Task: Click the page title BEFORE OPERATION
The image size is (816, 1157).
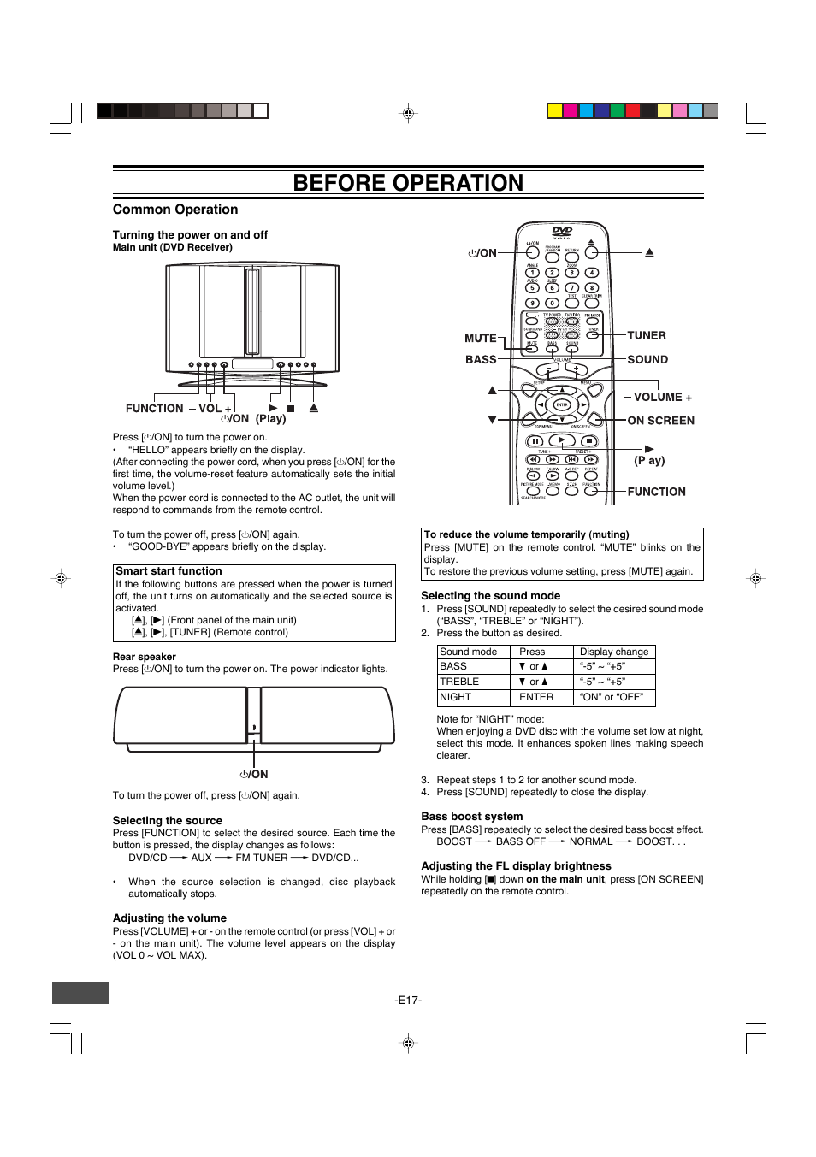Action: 408,183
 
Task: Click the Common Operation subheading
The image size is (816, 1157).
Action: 175,210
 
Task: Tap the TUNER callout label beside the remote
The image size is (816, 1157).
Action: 647,336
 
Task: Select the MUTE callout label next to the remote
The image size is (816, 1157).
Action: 480,339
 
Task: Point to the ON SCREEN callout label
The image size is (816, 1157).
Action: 660,421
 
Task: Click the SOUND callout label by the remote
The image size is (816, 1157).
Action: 647,360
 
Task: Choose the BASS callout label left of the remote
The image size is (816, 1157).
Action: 480,360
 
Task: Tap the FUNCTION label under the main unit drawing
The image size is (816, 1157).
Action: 154,409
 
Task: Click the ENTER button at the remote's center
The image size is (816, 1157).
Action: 562,404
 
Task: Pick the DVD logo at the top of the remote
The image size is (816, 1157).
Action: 562,232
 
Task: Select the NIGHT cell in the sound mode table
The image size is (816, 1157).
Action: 455,697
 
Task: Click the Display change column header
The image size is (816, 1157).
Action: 614,652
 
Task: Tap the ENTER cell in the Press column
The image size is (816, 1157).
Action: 536,697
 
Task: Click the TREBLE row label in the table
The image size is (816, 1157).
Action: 459,682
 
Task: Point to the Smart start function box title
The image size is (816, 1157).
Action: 169,571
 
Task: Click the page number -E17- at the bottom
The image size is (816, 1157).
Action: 408,1000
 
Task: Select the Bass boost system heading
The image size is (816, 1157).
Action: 471,817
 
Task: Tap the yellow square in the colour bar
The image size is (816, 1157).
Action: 554,110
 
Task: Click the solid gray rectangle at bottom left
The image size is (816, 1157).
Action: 80,992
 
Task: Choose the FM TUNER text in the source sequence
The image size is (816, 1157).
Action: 262,858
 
